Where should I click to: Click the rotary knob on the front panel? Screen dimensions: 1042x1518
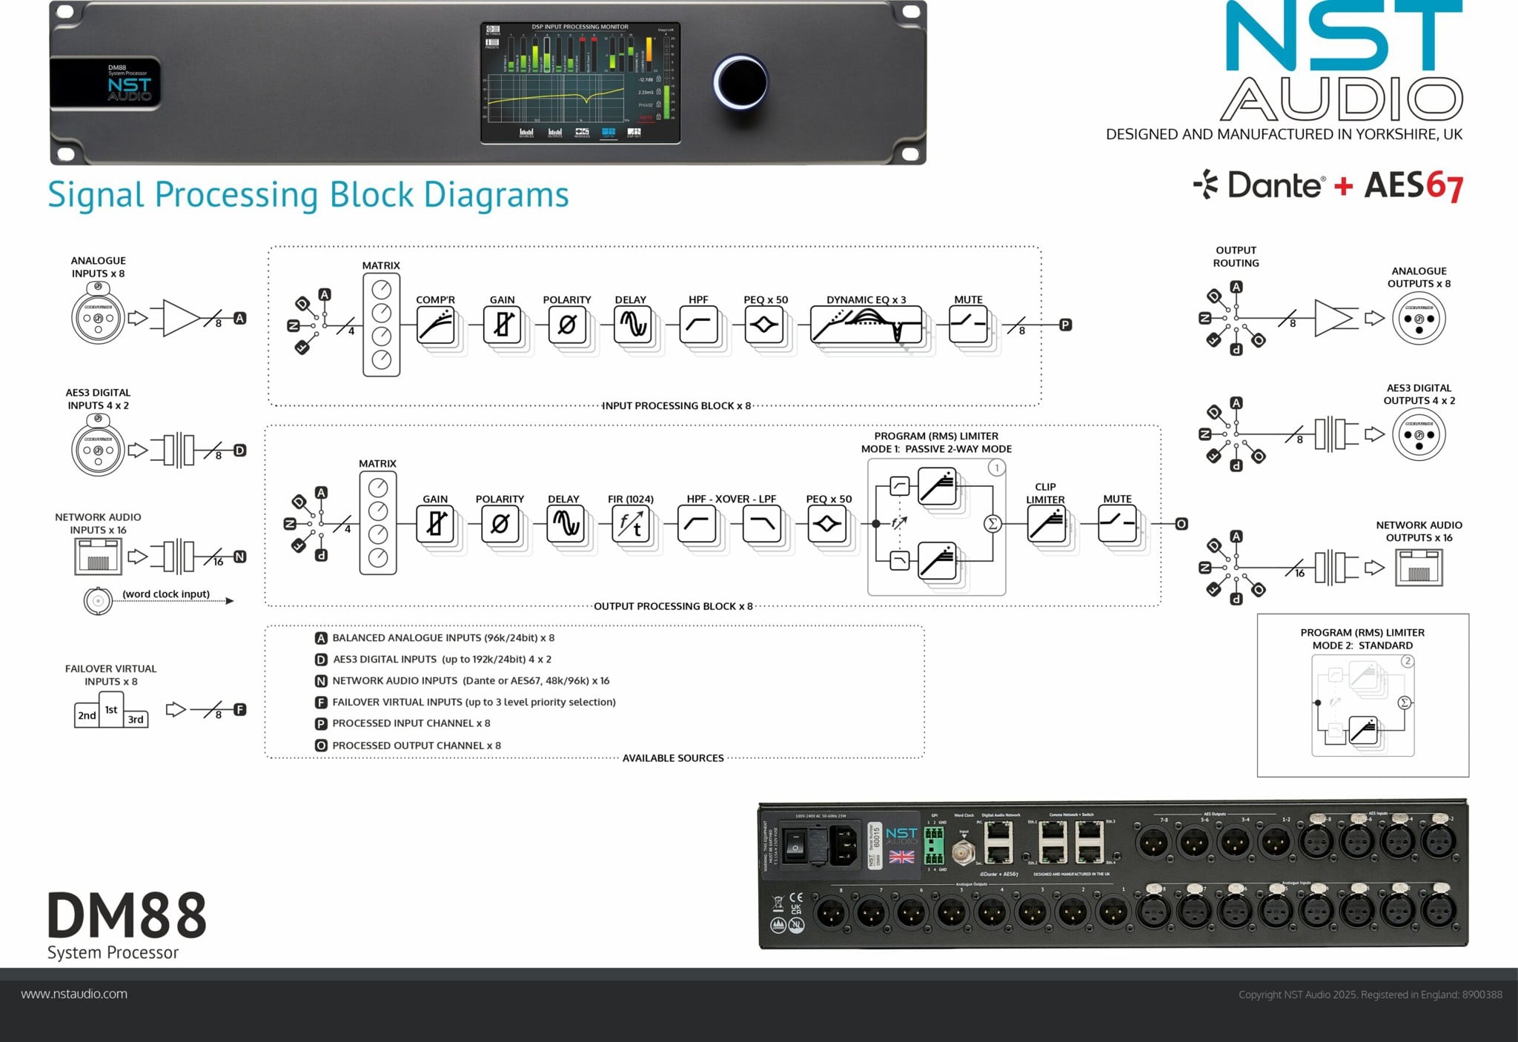pos(740,82)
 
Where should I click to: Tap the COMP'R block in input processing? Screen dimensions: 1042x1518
pos(436,325)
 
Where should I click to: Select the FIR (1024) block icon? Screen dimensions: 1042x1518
pos(631,525)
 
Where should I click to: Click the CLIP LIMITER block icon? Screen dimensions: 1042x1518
pos(1047,525)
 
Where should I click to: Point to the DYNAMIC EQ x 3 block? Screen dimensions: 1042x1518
pos(866,325)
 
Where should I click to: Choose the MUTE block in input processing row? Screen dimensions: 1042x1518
pos(968,325)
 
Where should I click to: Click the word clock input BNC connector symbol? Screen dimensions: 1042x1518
pos(98,601)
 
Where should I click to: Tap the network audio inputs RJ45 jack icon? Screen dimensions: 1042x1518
pos(98,557)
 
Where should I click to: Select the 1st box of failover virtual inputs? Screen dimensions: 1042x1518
pos(111,709)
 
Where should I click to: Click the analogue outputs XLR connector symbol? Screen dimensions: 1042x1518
pos(1419,319)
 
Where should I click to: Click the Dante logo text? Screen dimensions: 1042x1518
pos(1273,185)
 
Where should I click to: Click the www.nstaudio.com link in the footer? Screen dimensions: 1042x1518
pos(74,994)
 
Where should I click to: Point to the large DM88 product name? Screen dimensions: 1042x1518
pos(127,916)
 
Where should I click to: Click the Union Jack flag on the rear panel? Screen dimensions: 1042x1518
pos(901,857)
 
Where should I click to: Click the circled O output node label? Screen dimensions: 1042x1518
pos(1181,524)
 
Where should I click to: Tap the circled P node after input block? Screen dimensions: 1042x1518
pos(1065,325)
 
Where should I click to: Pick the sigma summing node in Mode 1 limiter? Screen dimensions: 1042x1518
pos(992,524)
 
